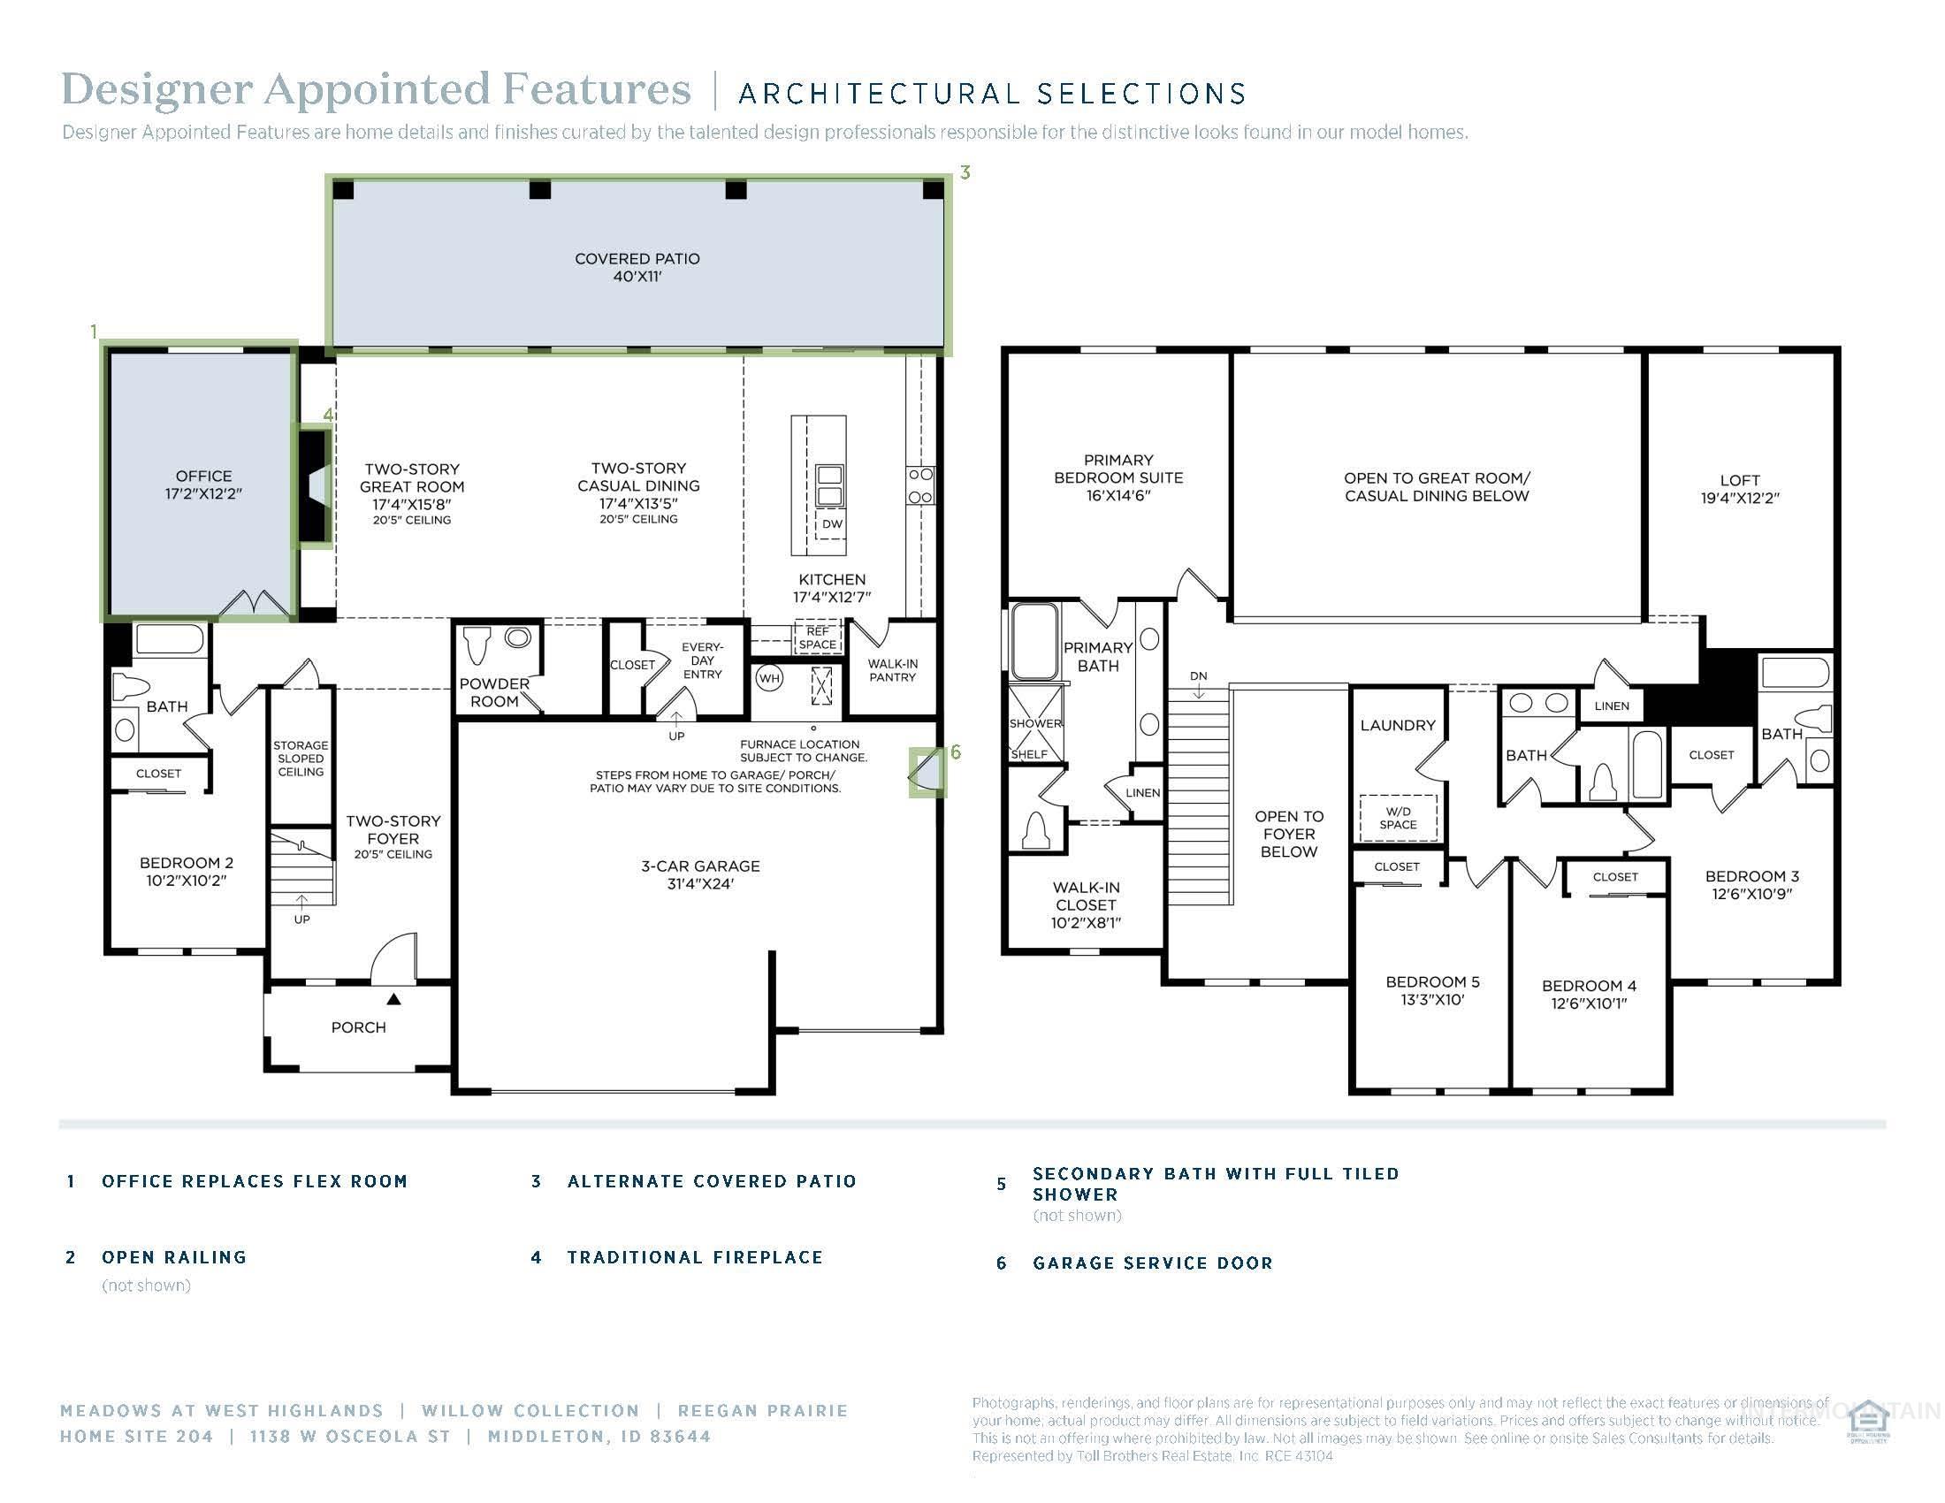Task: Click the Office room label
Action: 203,484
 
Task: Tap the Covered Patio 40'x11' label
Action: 637,267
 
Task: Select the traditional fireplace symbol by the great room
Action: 315,487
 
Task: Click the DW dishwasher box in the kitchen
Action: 831,523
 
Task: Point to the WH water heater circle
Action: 768,678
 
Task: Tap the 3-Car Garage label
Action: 700,874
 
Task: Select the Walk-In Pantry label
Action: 892,670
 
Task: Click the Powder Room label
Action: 494,692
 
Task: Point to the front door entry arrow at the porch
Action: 393,999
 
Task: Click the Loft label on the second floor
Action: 1739,489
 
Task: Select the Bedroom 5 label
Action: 1432,990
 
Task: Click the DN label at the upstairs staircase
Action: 1199,675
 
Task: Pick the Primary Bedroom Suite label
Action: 1118,477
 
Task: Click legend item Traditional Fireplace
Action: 695,1257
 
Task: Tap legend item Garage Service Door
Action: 1152,1263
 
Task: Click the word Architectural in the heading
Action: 880,94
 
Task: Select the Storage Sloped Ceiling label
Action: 300,759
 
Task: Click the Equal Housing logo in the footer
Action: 1867,1422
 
